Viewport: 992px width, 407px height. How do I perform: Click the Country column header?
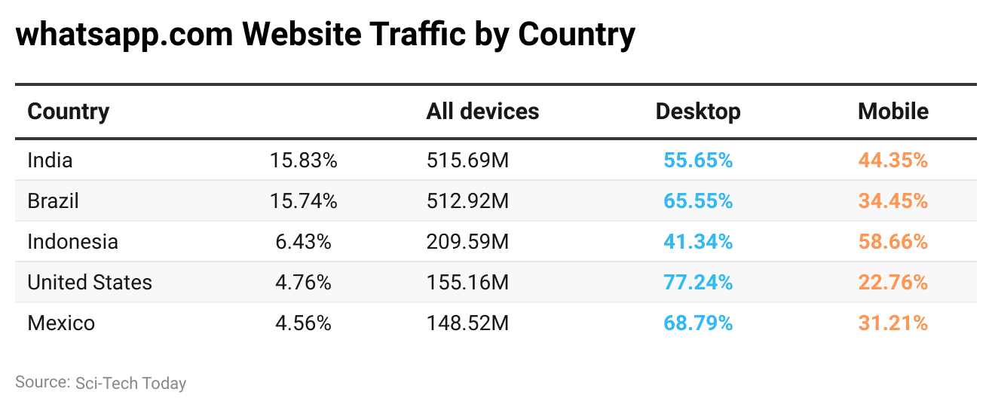click(x=69, y=112)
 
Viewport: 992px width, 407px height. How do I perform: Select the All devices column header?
click(x=482, y=112)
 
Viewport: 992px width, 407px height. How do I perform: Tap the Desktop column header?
click(x=698, y=112)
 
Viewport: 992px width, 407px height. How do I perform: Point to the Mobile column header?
click(x=892, y=112)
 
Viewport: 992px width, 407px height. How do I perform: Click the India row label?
click(x=50, y=160)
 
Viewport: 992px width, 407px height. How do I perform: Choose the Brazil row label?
click(x=53, y=200)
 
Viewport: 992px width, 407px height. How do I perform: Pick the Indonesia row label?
click(x=72, y=241)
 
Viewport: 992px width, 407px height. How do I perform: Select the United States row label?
click(x=90, y=282)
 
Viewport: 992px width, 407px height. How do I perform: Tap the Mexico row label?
click(x=61, y=323)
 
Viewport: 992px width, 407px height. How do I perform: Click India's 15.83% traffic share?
click(x=303, y=160)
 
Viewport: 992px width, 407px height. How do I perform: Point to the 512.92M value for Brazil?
click(x=467, y=200)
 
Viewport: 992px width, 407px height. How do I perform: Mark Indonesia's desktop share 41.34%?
click(x=698, y=241)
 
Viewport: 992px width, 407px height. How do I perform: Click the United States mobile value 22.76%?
click(x=892, y=282)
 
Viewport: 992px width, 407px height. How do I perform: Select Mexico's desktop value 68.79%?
click(x=698, y=323)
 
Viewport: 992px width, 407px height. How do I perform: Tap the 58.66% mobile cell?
click(x=892, y=241)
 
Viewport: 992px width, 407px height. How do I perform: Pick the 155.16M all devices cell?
click(x=467, y=282)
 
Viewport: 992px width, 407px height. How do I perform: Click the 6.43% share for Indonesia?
click(x=303, y=241)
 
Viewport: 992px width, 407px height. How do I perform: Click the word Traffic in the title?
click(x=406, y=35)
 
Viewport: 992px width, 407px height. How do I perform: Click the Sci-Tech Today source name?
click(x=130, y=383)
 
